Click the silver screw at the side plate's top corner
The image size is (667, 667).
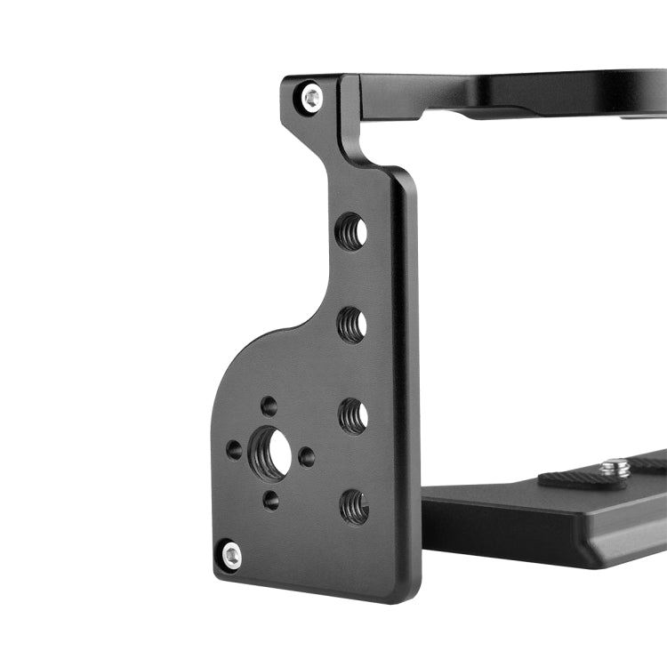click(311, 97)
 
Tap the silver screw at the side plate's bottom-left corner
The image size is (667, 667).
click(230, 556)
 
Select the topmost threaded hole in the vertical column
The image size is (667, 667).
click(351, 232)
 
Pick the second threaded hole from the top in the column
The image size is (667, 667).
click(352, 325)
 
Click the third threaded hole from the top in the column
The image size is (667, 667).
click(353, 415)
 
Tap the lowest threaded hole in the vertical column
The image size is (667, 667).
click(354, 506)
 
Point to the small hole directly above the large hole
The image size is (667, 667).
click(269, 406)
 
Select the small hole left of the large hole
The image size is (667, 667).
click(234, 449)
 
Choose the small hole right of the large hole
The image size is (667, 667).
click(306, 457)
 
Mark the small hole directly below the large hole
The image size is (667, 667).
click(270, 500)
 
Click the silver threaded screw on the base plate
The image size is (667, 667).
click(614, 466)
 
